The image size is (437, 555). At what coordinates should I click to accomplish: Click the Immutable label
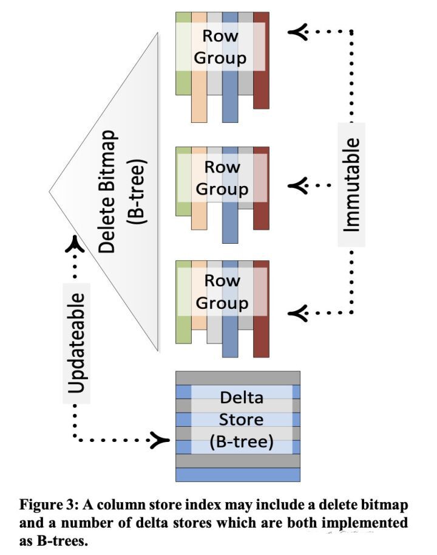tap(352, 184)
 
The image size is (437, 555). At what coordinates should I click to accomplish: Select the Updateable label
tap(76, 344)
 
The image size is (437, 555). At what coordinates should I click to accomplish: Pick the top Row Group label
tap(220, 47)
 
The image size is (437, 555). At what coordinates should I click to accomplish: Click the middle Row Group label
tap(222, 178)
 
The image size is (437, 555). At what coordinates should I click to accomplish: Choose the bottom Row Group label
tap(222, 292)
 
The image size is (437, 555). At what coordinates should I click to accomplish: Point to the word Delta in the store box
tap(242, 399)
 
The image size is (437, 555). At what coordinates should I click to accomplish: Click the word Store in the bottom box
tap(242, 419)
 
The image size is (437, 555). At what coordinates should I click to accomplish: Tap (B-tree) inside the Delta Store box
tap(242, 442)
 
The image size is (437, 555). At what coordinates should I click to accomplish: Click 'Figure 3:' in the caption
tap(45, 505)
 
